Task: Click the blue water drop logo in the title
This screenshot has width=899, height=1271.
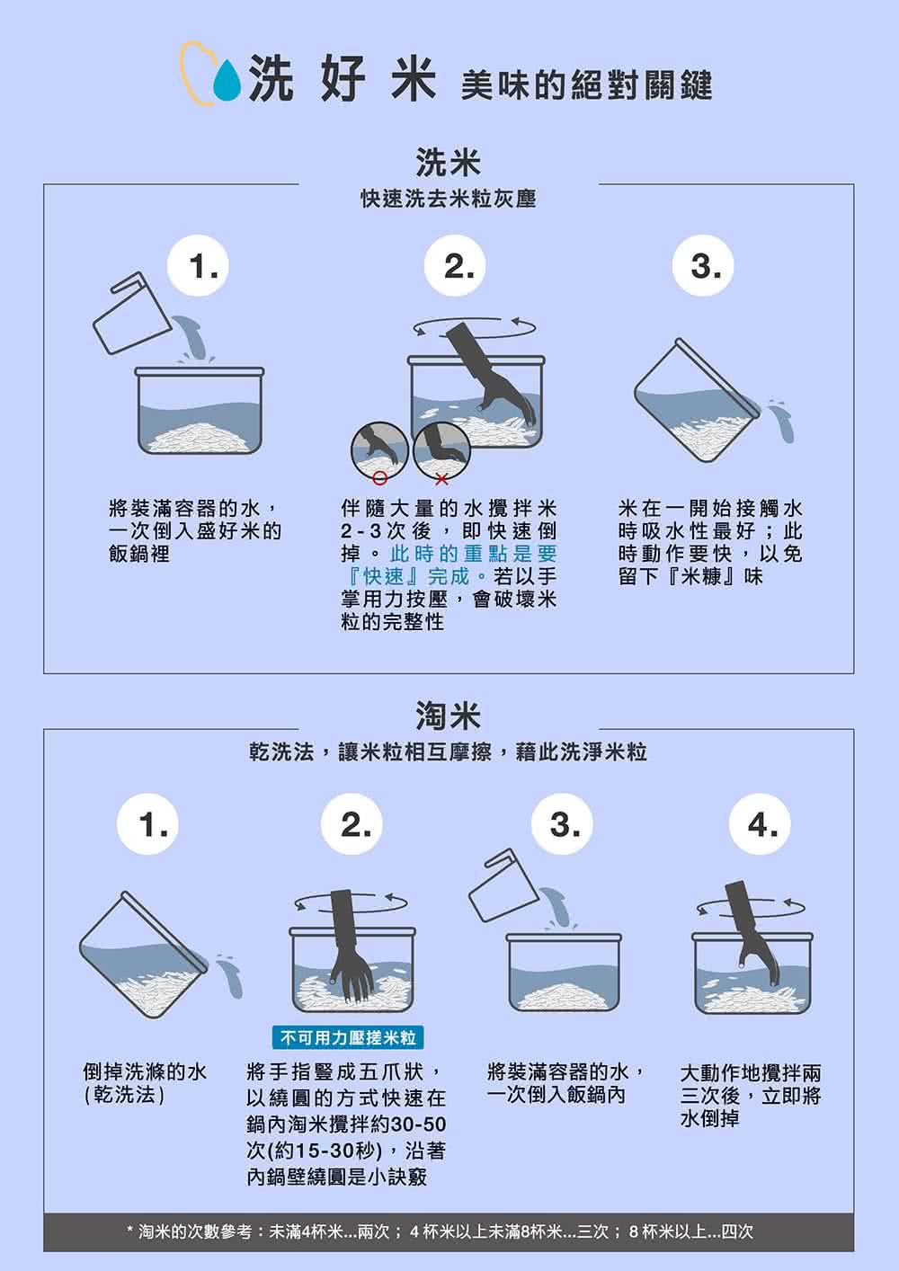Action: pyautogui.click(x=227, y=81)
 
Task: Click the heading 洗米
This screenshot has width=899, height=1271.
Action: pyautogui.click(x=449, y=163)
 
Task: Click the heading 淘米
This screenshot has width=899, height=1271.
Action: pyautogui.click(x=449, y=716)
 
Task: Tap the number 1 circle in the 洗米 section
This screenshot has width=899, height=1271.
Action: pyautogui.click(x=205, y=267)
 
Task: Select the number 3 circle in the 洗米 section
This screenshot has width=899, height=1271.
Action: pyautogui.click(x=705, y=267)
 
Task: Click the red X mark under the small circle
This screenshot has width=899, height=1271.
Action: pyautogui.click(x=441, y=476)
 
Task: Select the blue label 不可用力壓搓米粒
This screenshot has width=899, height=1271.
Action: pyautogui.click(x=348, y=1038)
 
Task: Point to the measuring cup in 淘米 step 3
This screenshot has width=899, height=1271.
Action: pyautogui.click(x=503, y=888)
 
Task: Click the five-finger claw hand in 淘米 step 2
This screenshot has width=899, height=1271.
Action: pyautogui.click(x=348, y=953)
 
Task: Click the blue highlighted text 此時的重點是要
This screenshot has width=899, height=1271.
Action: pyautogui.click(x=474, y=554)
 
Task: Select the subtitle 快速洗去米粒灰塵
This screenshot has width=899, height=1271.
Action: pyautogui.click(x=449, y=199)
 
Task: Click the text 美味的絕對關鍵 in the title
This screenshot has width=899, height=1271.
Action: pyautogui.click(x=586, y=85)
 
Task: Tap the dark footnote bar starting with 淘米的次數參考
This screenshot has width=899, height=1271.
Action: pyautogui.click(x=449, y=1231)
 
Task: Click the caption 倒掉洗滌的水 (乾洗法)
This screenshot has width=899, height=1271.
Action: pyautogui.click(x=144, y=1083)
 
